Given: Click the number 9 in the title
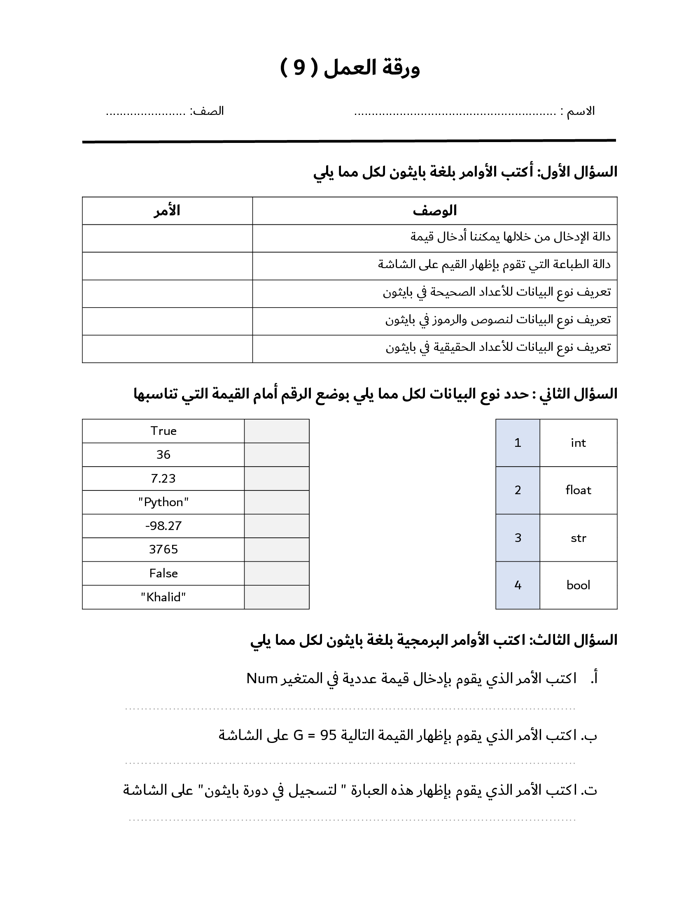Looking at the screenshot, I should [299, 68].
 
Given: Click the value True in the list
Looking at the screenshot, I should [163, 431].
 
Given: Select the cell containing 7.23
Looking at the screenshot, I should [163, 478].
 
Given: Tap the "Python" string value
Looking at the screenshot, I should [163, 502].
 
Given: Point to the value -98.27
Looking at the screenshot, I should [163, 525].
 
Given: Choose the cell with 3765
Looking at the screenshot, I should [163, 549].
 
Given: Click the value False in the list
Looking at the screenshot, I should [163, 573].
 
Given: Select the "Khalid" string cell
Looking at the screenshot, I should [163, 597].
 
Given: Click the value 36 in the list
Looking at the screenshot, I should [163, 455].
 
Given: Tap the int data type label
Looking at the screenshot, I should [578, 443].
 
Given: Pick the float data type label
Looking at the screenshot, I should [578, 490].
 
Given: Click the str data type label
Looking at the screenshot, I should [578, 538].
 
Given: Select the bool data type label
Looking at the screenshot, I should [578, 585].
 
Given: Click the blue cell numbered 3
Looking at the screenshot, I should [518, 538].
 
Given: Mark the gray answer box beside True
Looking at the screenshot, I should [277, 431].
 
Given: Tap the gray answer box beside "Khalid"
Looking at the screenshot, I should [277, 597].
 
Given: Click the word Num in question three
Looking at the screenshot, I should [261, 679].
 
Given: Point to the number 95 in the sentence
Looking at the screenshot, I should [329, 736].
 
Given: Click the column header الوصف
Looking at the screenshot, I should [434, 211].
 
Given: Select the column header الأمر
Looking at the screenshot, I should [167, 211].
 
